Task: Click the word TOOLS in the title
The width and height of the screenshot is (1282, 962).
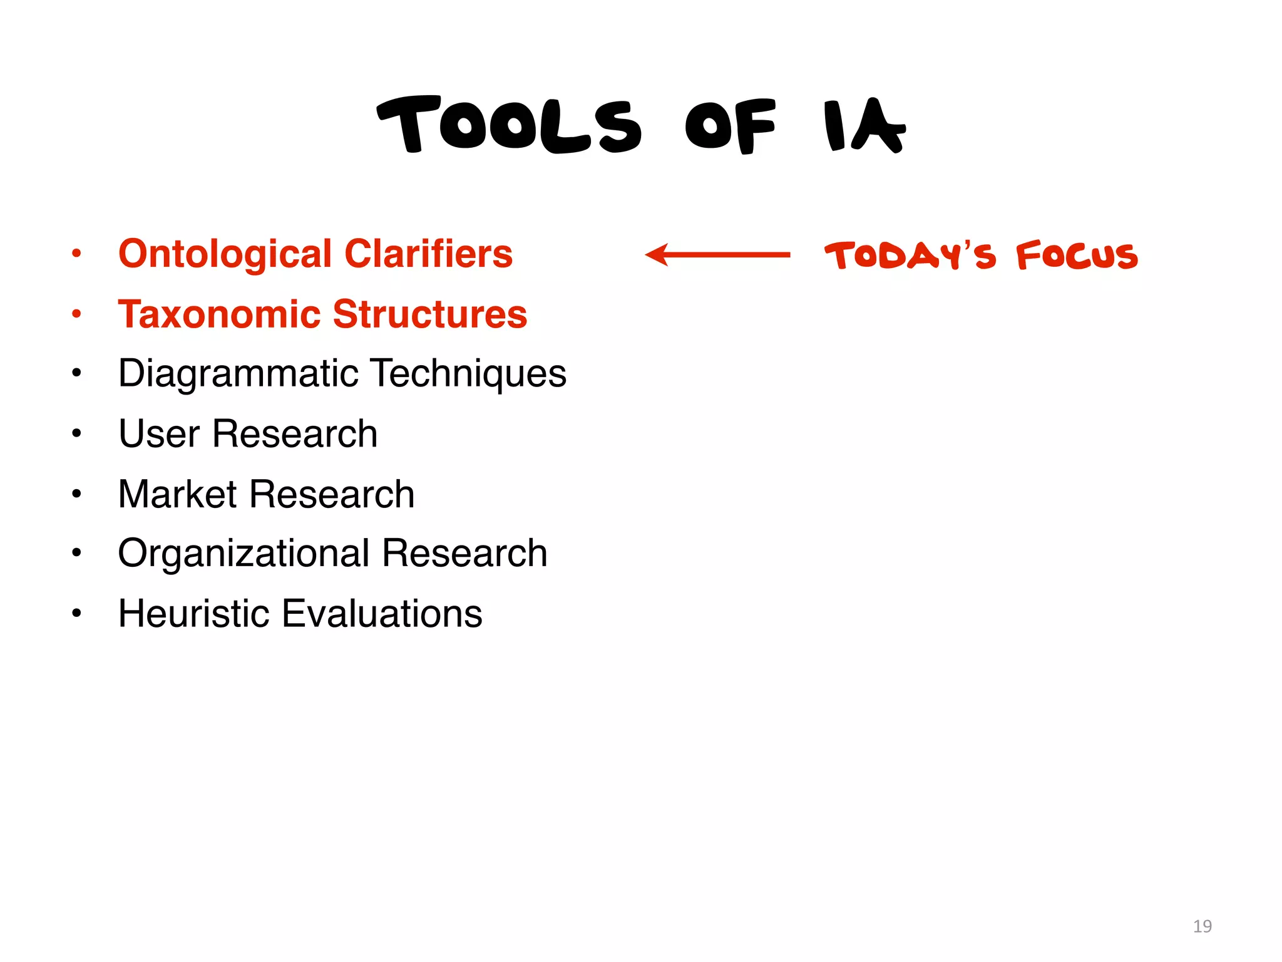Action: click(509, 126)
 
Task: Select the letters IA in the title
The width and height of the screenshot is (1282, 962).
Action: click(864, 126)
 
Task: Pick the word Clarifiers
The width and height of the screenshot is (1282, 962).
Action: click(428, 254)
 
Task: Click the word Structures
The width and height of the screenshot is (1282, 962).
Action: click(430, 314)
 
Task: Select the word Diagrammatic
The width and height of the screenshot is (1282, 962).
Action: click(238, 374)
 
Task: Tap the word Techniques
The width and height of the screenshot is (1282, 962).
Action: click(469, 374)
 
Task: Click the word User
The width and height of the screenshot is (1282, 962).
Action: click(159, 433)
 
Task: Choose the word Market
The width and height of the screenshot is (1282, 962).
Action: click(177, 494)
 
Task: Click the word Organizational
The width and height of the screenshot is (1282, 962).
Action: click(244, 554)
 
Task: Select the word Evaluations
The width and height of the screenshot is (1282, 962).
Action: click(382, 613)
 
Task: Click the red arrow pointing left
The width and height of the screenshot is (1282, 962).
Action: click(717, 255)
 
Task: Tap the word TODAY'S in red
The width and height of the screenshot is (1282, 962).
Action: click(910, 256)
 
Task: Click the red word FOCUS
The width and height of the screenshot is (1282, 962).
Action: click(1077, 256)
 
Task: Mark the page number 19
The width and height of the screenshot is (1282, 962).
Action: click(1202, 926)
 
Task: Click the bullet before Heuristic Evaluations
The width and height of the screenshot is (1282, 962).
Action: click(76, 613)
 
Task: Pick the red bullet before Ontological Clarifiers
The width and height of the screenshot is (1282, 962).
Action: click(76, 254)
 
